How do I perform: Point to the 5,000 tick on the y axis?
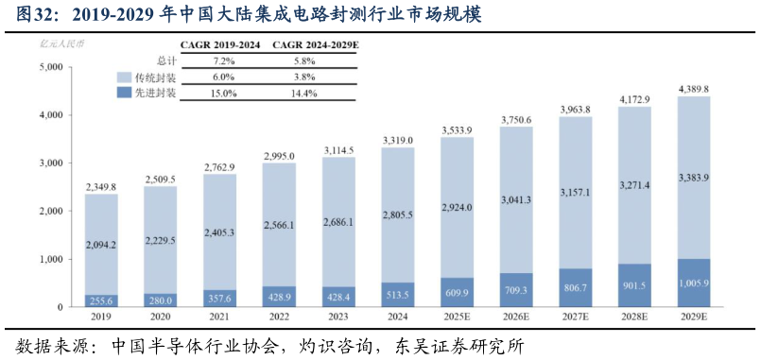tap(50, 67)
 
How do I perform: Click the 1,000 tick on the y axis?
tap(50, 259)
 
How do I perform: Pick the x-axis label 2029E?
tap(694, 317)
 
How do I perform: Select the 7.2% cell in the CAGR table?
tap(223, 60)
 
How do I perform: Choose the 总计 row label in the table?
tap(166, 60)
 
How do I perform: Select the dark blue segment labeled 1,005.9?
tap(694, 283)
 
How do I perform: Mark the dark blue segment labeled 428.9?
tap(279, 296)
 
